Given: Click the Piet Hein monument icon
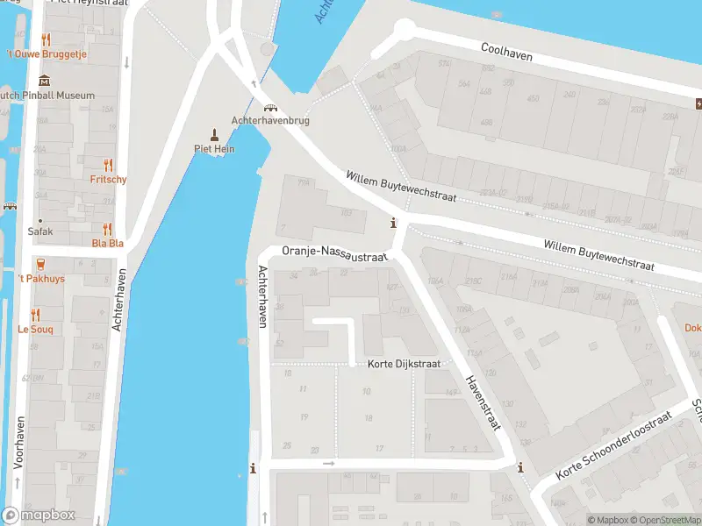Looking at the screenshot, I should (214, 134).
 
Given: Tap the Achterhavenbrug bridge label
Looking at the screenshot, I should (270, 120).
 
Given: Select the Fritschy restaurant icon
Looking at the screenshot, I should (109, 165).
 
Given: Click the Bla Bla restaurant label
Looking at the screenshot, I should (108, 243).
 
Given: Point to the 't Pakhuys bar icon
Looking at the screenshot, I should (40, 264).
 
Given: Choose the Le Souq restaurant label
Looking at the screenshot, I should (36, 330).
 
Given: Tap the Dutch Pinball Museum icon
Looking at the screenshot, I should (45, 82).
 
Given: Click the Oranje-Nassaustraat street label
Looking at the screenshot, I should (334, 254).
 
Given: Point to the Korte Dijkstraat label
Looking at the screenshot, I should (404, 363).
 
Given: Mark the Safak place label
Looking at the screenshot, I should (40, 232).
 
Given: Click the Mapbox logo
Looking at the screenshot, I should (39, 515).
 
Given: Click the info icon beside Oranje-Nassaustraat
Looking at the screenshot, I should (394, 223).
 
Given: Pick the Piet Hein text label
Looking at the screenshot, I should (214, 149).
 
